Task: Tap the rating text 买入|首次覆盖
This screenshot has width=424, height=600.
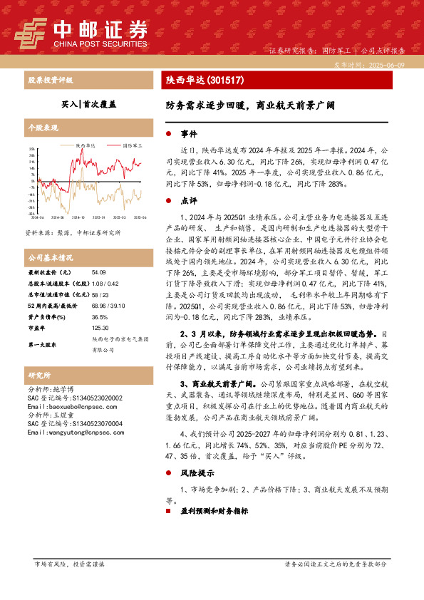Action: pyautogui.click(x=88, y=103)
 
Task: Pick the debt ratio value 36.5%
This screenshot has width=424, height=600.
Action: pyautogui.click(x=100, y=316)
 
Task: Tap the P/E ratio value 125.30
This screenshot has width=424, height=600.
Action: pyautogui.click(x=100, y=328)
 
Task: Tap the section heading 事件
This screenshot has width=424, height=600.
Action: pyautogui.click(x=188, y=134)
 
